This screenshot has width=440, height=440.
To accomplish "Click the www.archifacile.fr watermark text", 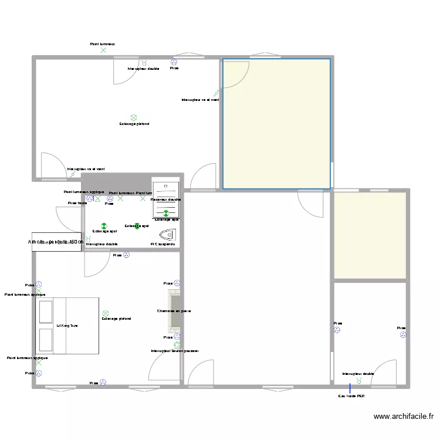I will [403, 417].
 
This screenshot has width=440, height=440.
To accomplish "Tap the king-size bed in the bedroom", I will [67, 326].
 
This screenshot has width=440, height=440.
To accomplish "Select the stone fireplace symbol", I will [175, 308].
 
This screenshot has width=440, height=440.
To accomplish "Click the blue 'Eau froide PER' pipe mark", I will [350, 388].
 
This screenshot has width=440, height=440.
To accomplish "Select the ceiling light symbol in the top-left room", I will [134, 117].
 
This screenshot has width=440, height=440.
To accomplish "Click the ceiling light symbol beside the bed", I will [106, 313].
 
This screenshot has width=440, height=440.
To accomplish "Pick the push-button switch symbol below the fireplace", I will [177, 345].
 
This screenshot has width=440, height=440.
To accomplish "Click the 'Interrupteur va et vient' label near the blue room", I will [200, 100].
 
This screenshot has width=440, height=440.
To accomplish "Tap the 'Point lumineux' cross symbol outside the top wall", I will [103, 50].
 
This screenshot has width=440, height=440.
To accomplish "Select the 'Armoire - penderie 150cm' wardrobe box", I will [57, 242].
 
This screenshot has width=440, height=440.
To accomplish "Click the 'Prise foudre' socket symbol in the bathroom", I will [89, 199].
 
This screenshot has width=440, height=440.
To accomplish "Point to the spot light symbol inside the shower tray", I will [165, 214].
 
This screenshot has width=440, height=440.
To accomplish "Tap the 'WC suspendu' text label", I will [163, 244].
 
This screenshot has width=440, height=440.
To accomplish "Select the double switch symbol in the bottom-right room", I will [359, 380].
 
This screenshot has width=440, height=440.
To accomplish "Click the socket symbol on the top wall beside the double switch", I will [174, 62].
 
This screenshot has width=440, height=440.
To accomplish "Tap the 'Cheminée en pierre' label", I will [174, 311].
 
